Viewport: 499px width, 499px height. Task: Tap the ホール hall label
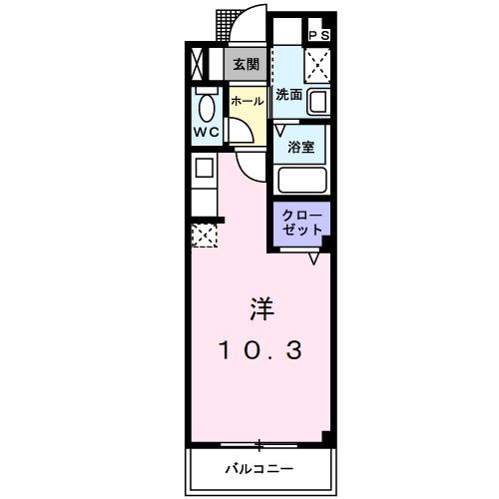pyautogui.click(x=247, y=101)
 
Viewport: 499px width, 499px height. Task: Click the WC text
pyautogui.click(x=206, y=131)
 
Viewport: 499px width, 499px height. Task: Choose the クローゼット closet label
pyautogui.click(x=300, y=221)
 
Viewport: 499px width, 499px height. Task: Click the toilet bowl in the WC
pyautogui.click(x=207, y=106)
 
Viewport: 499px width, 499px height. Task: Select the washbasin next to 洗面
pyautogui.click(x=317, y=103)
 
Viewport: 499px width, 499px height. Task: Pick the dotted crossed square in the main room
pyautogui.click(x=203, y=236)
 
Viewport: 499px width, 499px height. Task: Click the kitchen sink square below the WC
pyautogui.click(x=202, y=169)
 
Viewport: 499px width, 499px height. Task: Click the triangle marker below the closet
pyautogui.click(x=313, y=257)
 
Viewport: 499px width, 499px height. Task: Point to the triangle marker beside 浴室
pyautogui.click(x=281, y=130)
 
